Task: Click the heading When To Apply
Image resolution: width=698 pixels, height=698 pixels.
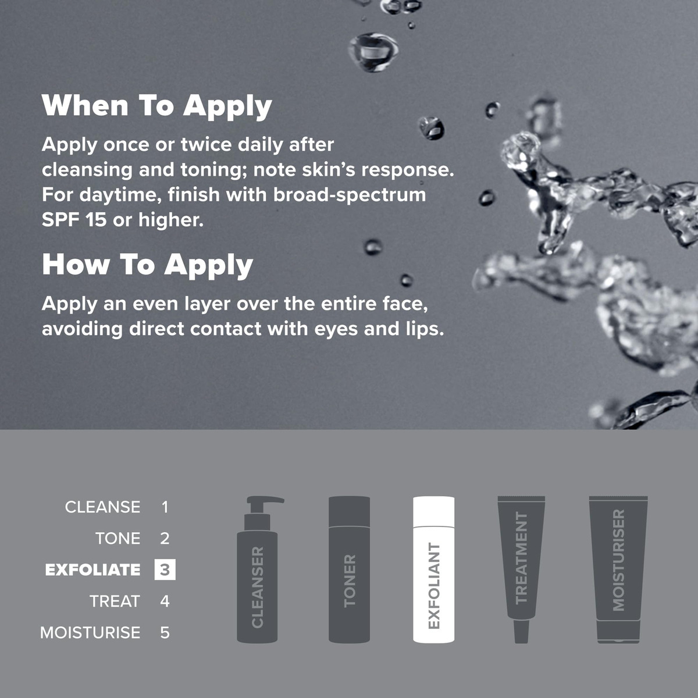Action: pyautogui.click(x=156, y=106)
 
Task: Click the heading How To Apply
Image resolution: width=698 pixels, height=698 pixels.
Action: pyautogui.click(x=147, y=265)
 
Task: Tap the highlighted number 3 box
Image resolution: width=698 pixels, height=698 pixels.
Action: pyautogui.click(x=165, y=570)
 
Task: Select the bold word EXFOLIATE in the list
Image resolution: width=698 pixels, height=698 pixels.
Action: pyautogui.click(x=92, y=570)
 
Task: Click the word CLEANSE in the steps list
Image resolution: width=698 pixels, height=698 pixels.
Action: pyautogui.click(x=102, y=507)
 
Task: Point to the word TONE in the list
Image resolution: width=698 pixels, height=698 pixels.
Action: pyautogui.click(x=117, y=539)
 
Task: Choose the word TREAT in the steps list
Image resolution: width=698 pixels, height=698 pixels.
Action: pyautogui.click(x=115, y=601)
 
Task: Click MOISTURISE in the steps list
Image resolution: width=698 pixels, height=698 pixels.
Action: pyautogui.click(x=90, y=633)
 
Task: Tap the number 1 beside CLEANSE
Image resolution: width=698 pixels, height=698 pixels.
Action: pyautogui.click(x=165, y=507)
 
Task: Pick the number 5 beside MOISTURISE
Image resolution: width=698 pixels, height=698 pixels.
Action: pyautogui.click(x=165, y=633)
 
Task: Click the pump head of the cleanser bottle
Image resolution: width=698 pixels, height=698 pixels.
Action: pyautogui.click(x=265, y=501)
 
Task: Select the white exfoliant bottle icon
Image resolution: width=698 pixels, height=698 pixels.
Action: pyautogui.click(x=433, y=569)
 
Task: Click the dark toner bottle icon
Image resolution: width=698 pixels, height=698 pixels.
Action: pyautogui.click(x=349, y=569)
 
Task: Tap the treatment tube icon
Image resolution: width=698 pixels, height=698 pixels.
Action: pyautogui.click(x=521, y=565)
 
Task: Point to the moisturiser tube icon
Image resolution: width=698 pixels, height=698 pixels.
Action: pyautogui.click(x=618, y=569)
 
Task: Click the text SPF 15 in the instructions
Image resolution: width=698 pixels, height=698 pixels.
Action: pyautogui.click(x=74, y=220)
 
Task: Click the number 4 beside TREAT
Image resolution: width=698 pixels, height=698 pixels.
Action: pyautogui.click(x=165, y=601)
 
